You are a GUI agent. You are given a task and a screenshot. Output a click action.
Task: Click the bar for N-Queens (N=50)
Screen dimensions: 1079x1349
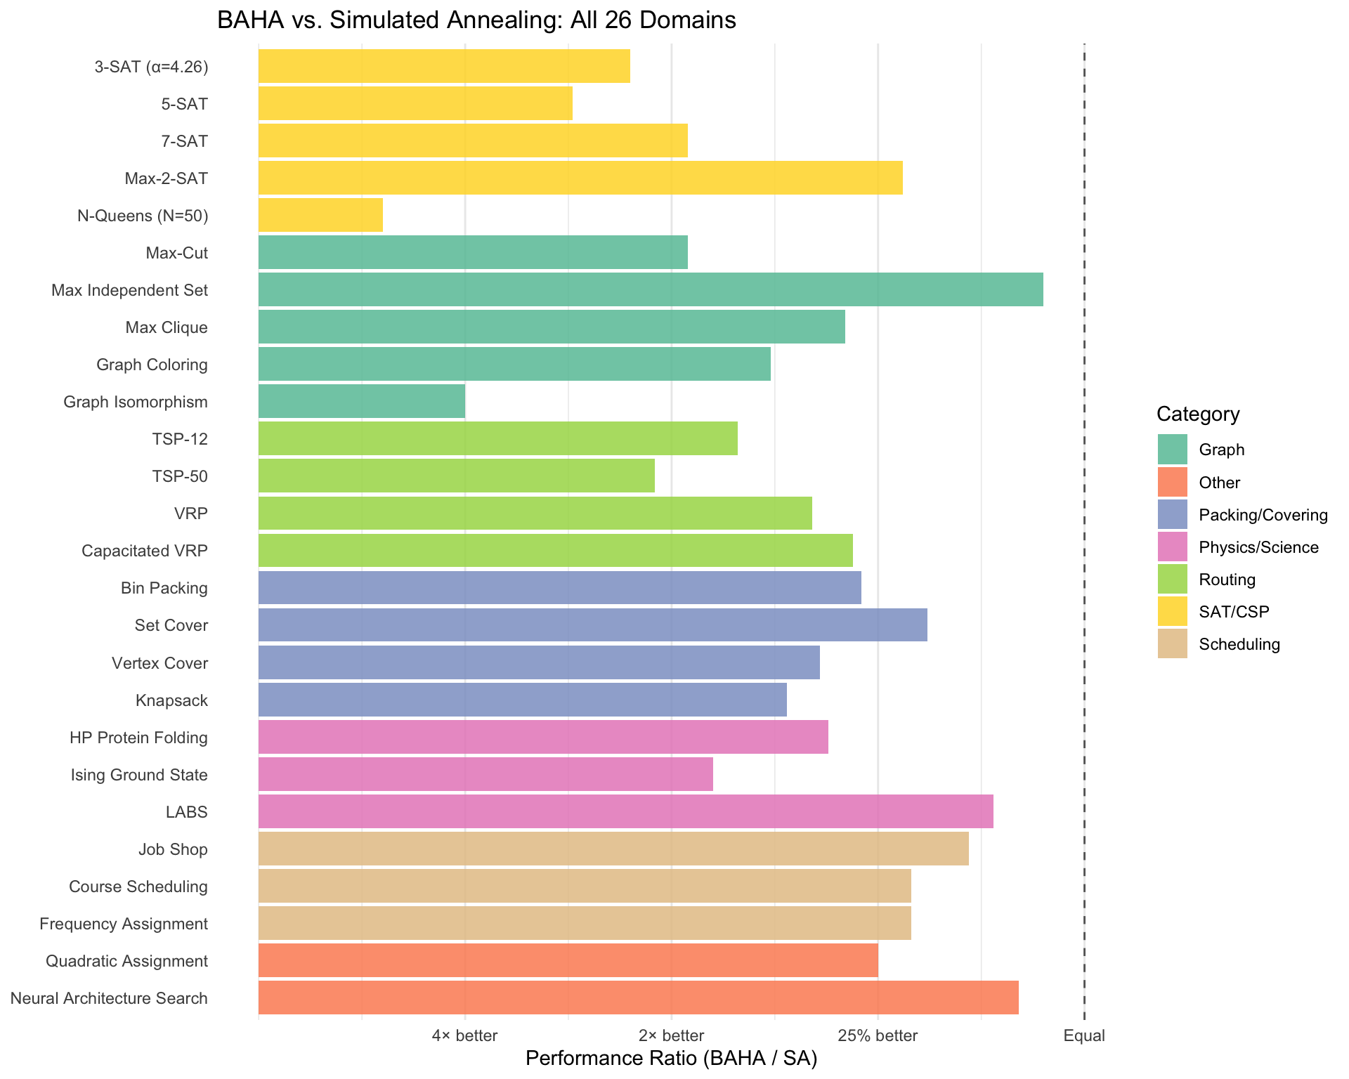click(x=320, y=215)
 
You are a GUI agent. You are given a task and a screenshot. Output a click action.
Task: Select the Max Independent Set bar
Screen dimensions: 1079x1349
click(x=650, y=289)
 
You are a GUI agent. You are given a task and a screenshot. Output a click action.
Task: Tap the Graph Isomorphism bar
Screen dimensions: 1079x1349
click(x=361, y=401)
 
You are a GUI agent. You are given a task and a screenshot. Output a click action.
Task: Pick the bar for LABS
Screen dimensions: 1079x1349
click(x=625, y=811)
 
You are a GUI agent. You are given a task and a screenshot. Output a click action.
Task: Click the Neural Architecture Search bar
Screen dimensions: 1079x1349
click(x=638, y=998)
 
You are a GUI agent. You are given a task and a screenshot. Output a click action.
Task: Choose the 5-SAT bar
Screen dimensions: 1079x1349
click(x=415, y=103)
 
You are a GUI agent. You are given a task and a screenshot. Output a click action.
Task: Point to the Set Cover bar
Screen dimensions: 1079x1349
click(x=592, y=624)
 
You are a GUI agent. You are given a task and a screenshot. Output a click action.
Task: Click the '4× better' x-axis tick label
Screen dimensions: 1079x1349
click(x=464, y=1035)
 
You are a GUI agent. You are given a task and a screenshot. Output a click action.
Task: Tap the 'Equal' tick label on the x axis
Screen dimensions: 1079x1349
click(x=1084, y=1035)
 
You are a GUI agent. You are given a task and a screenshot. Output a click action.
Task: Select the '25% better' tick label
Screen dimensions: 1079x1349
click(x=878, y=1035)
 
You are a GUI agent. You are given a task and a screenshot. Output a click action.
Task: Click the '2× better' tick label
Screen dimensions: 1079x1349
click(x=671, y=1035)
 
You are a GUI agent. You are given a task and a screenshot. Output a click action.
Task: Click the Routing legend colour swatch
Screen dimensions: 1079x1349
click(x=1172, y=580)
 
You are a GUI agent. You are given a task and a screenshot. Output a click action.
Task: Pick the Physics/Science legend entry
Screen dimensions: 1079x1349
click(x=1258, y=547)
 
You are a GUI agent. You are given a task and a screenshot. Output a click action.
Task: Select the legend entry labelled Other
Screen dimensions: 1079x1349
click(x=1219, y=483)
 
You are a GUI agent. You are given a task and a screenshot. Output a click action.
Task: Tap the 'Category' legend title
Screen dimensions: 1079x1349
click(x=1198, y=414)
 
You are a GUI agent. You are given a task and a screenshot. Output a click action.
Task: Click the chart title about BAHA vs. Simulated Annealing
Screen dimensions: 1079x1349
click(x=476, y=20)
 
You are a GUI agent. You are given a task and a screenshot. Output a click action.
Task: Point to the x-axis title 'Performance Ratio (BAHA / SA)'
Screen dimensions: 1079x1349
click(x=671, y=1059)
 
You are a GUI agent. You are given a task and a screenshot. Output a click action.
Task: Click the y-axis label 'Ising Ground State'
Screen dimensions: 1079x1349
click(x=139, y=775)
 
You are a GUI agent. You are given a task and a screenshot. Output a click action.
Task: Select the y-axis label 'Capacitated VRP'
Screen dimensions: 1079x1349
click(x=145, y=551)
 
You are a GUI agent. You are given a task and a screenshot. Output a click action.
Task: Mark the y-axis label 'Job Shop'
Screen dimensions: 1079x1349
click(x=173, y=849)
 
